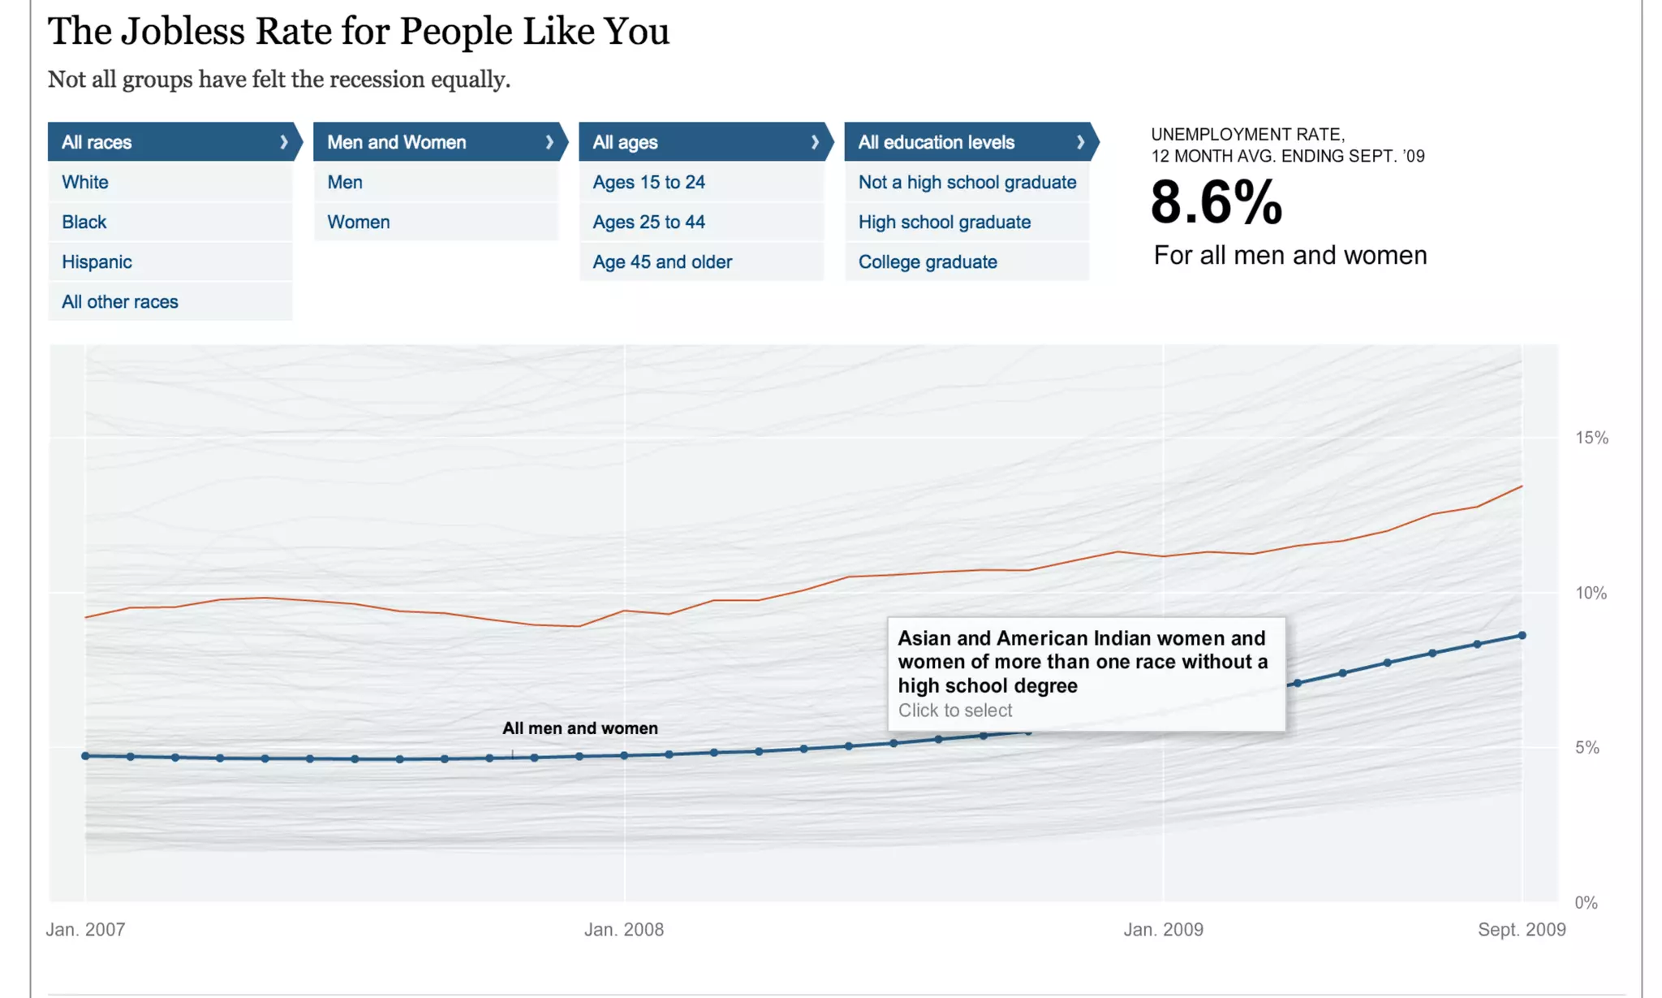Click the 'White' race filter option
point(85,182)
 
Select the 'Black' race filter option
point(84,222)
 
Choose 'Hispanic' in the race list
point(97,261)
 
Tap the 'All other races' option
point(120,301)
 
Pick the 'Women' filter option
point(359,222)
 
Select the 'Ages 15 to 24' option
point(648,182)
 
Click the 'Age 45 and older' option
point(662,261)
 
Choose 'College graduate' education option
point(928,261)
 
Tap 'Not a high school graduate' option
point(967,182)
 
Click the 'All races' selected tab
point(170,142)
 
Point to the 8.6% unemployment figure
point(1216,202)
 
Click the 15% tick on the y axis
point(1591,438)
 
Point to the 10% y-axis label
point(1591,593)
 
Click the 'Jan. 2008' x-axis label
point(624,929)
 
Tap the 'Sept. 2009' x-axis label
point(1522,929)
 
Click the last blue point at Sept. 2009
point(1522,635)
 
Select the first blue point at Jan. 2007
point(85,756)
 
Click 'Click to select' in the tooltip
point(955,711)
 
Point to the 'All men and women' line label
point(580,728)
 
